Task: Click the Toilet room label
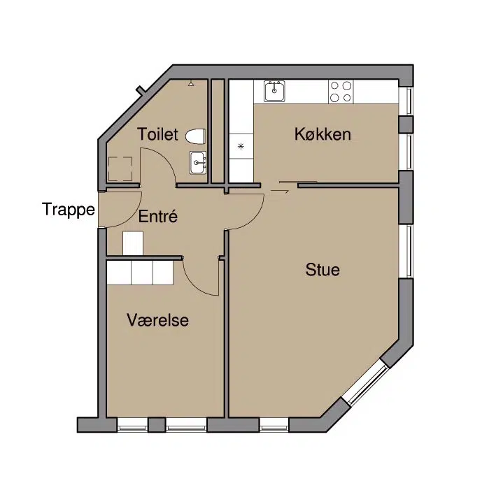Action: click(x=157, y=134)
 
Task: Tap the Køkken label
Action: click(x=322, y=134)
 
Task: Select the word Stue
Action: click(x=322, y=270)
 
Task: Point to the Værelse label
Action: click(x=157, y=320)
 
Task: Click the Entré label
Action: click(x=157, y=216)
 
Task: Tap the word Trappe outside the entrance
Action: click(x=69, y=210)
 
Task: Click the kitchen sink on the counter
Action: click(x=274, y=92)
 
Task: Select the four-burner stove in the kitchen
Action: click(x=341, y=92)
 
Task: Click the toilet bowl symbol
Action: click(x=195, y=136)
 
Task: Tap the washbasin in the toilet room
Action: click(x=198, y=163)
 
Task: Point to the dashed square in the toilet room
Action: click(x=120, y=168)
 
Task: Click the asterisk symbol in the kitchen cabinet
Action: click(x=241, y=146)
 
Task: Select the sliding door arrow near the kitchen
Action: click(x=280, y=192)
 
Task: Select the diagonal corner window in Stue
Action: click(x=365, y=384)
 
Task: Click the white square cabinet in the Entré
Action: click(x=133, y=243)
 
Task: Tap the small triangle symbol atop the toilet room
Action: click(x=191, y=85)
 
